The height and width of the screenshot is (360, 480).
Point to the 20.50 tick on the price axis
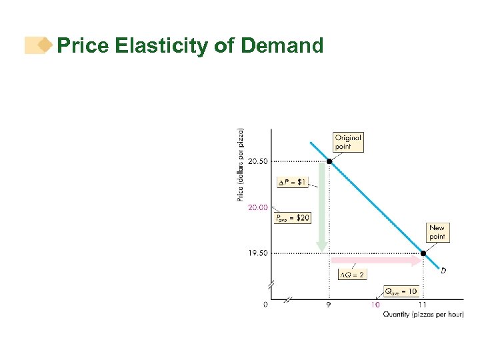(257, 161)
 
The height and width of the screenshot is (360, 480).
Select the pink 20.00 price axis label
(257, 207)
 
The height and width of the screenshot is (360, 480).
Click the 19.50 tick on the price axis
(257, 253)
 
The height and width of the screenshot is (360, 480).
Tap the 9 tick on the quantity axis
(328, 305)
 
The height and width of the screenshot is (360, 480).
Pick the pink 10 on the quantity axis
(375, 305)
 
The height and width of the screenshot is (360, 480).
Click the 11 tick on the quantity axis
(423, 305)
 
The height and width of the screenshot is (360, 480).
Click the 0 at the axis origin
(265, 305)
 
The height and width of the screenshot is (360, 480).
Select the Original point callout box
(348, 142)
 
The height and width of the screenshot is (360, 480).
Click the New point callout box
(437, 233)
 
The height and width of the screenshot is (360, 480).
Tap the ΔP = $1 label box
(293, 182)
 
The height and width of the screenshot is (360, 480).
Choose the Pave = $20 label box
(292, 217)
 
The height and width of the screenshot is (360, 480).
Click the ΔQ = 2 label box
(352, 274)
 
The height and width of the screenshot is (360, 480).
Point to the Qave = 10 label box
(401, 291)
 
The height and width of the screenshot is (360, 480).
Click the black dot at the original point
(329, 161)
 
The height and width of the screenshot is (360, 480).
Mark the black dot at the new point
(423, 253)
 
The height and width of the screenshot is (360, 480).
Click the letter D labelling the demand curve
(443, 271)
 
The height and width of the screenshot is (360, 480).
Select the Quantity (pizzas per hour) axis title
(423, 315)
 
